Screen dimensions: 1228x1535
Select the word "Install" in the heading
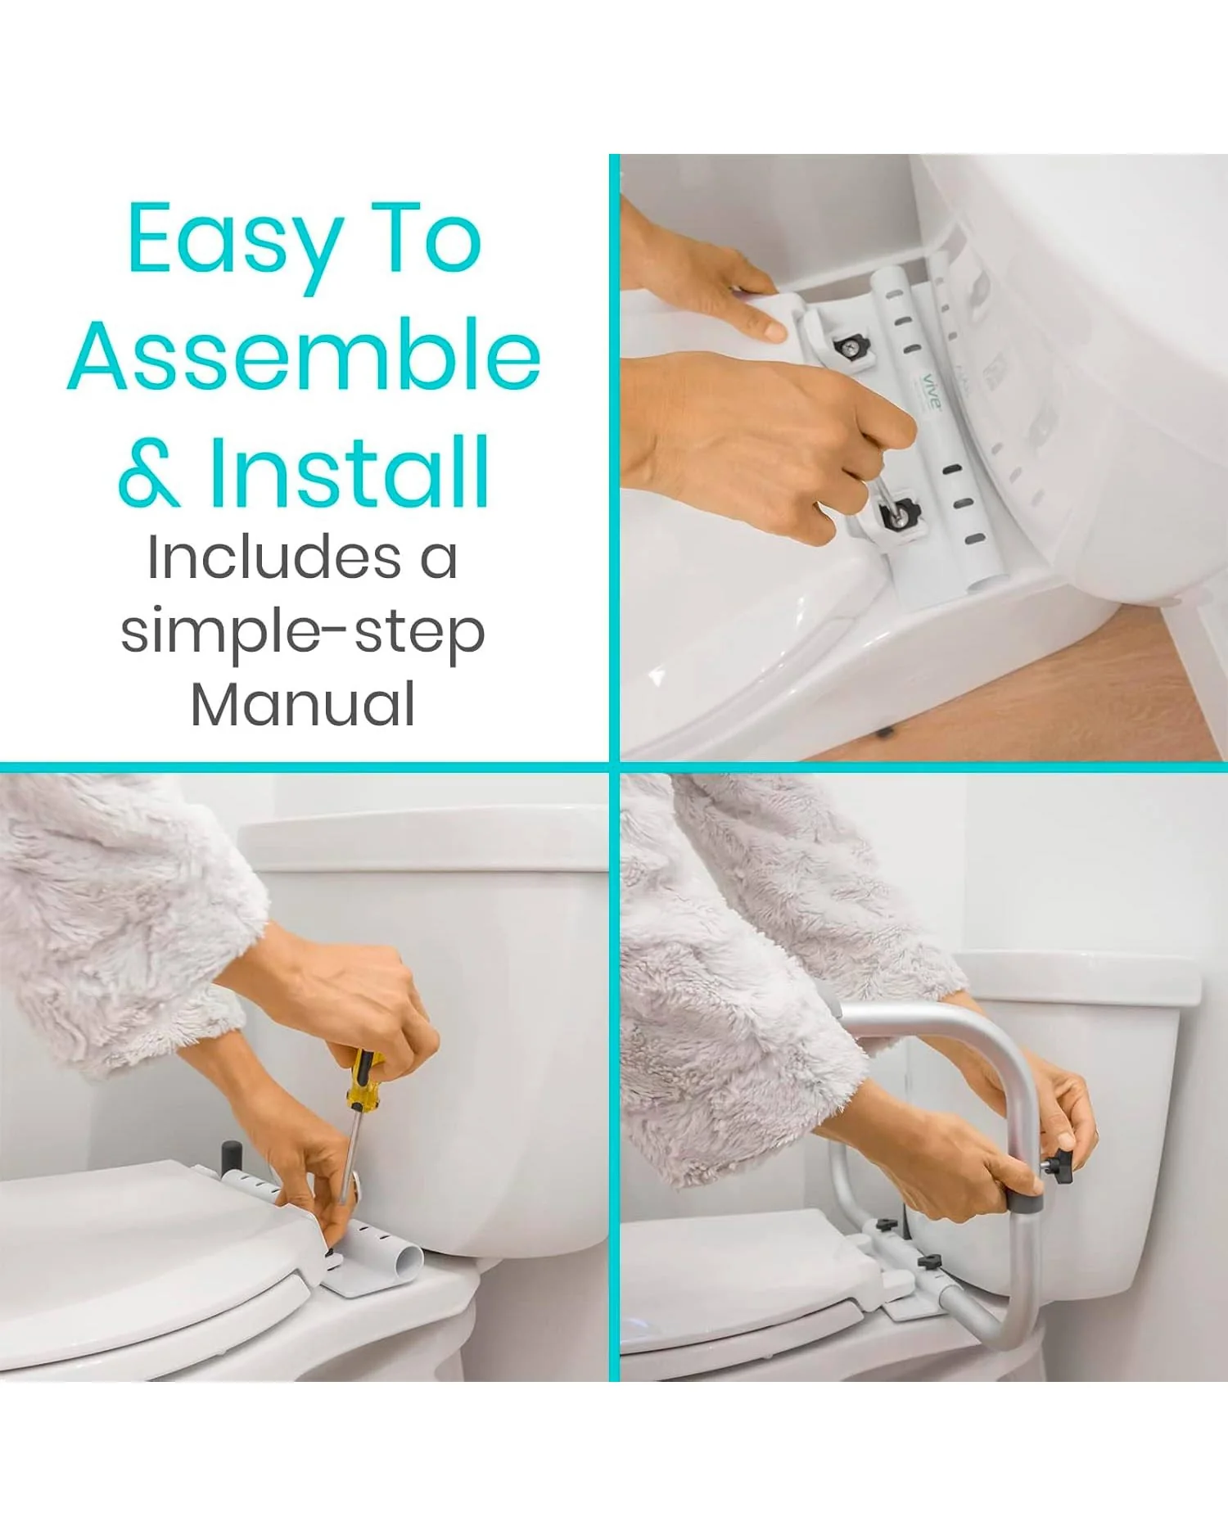tap(350, 472)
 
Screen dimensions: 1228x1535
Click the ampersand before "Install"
tap(149, 475)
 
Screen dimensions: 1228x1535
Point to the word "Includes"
tap(274, 558)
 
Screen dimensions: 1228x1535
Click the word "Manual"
tap(303, 704)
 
